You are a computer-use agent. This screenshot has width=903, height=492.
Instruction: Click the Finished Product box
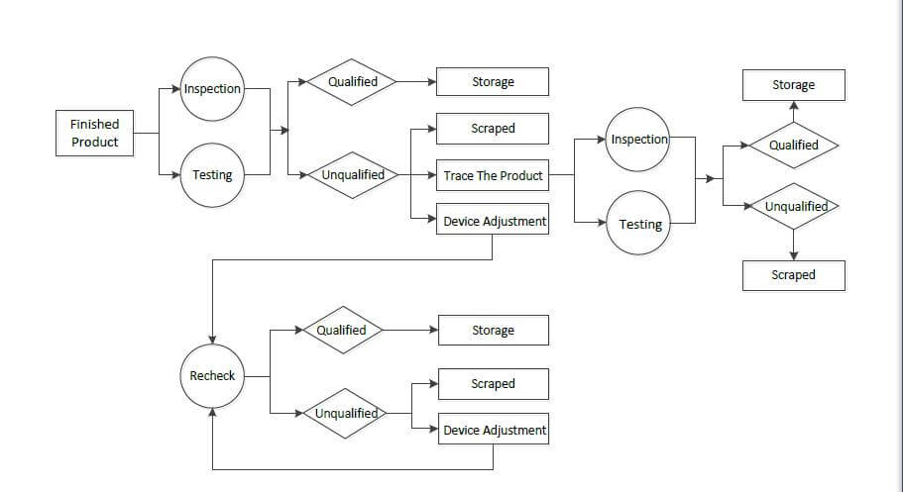click(x=94, y=133)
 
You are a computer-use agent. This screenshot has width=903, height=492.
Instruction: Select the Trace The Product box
click(x=493, y=175)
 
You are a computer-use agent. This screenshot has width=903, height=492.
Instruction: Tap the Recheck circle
click(x=212, y=376)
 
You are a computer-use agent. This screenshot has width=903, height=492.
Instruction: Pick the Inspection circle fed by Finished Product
click(x=212, y=89)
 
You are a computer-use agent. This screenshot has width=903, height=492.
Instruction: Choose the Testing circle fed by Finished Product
click(x=212, y=175)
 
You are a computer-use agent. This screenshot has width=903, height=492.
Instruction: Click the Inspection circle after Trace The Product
click(x=637, y=140)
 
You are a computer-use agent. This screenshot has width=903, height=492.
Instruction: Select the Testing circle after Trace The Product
click(x=638, y=223)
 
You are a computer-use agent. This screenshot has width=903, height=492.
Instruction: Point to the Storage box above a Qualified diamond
click(x=794, y=85)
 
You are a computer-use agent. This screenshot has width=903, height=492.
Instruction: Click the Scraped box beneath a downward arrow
click(x=794, y=275)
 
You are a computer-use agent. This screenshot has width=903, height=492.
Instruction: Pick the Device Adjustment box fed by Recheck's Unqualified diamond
click(x=494, y=429)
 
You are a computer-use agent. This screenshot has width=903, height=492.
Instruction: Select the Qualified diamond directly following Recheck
click(x=343, y=330)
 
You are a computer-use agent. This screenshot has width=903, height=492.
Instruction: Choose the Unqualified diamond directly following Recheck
click(x=345, y=413)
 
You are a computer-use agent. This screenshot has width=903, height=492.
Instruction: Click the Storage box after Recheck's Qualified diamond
click(x=494, y=331)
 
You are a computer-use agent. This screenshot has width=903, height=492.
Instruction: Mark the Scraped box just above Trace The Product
click(x=493, y=129)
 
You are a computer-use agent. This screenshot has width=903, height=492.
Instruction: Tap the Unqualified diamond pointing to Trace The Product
click(x=353, y=175)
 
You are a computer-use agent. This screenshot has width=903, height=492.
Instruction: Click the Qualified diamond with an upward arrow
click(x=794, y=145)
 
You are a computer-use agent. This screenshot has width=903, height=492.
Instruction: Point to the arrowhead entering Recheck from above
click(x=212, y=340)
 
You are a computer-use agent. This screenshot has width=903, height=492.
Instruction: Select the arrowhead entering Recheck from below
click(x=212, y=413)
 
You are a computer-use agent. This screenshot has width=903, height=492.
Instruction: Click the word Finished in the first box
click(x=94, y=125)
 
